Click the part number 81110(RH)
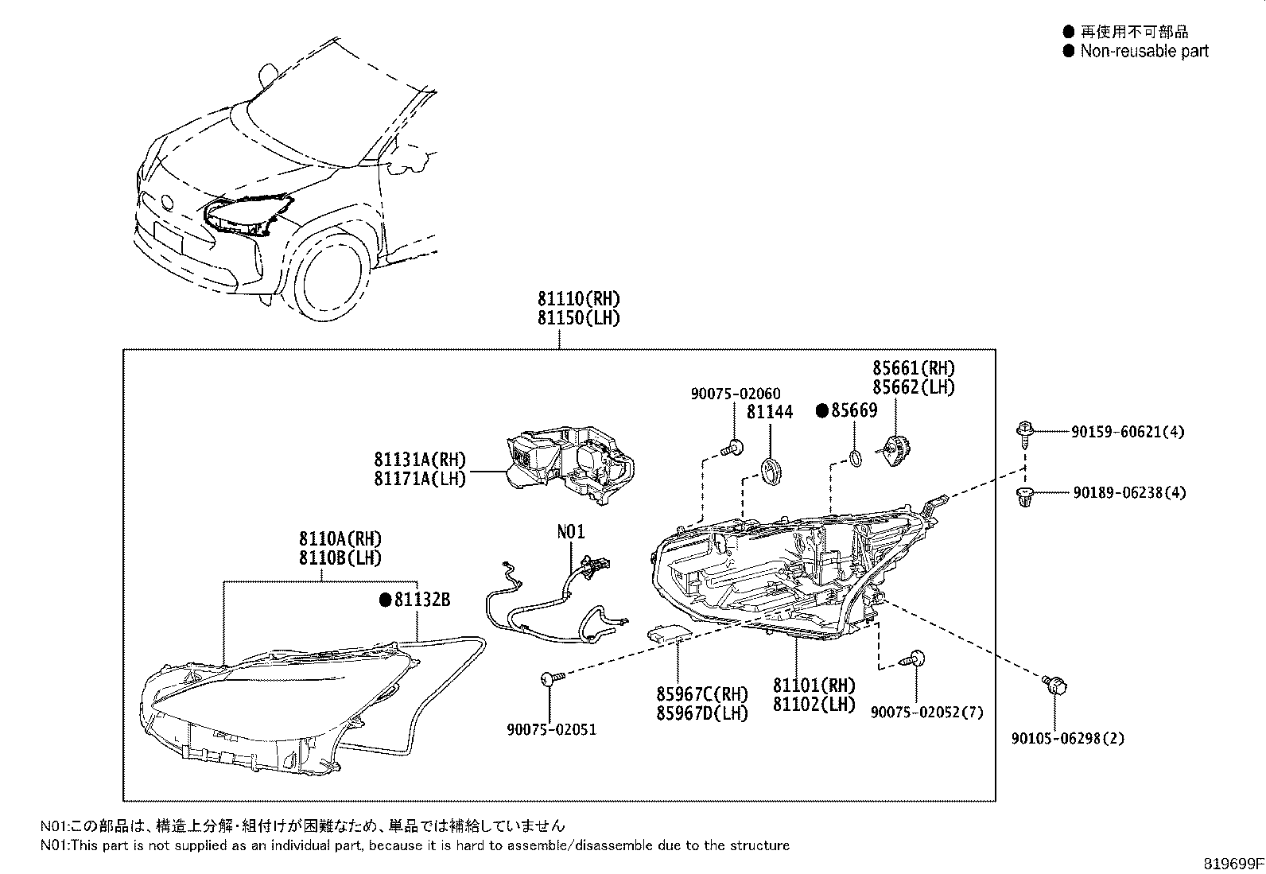click(577, 300)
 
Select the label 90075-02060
click(735, 394)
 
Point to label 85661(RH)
click(913, 368)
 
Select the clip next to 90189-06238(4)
click(1025, 496)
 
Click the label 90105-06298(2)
click(1068, 738)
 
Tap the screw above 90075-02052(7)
click(914, 658)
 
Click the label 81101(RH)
click(814, 686)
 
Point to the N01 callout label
click(571, 530)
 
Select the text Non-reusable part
click(1144, 51)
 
